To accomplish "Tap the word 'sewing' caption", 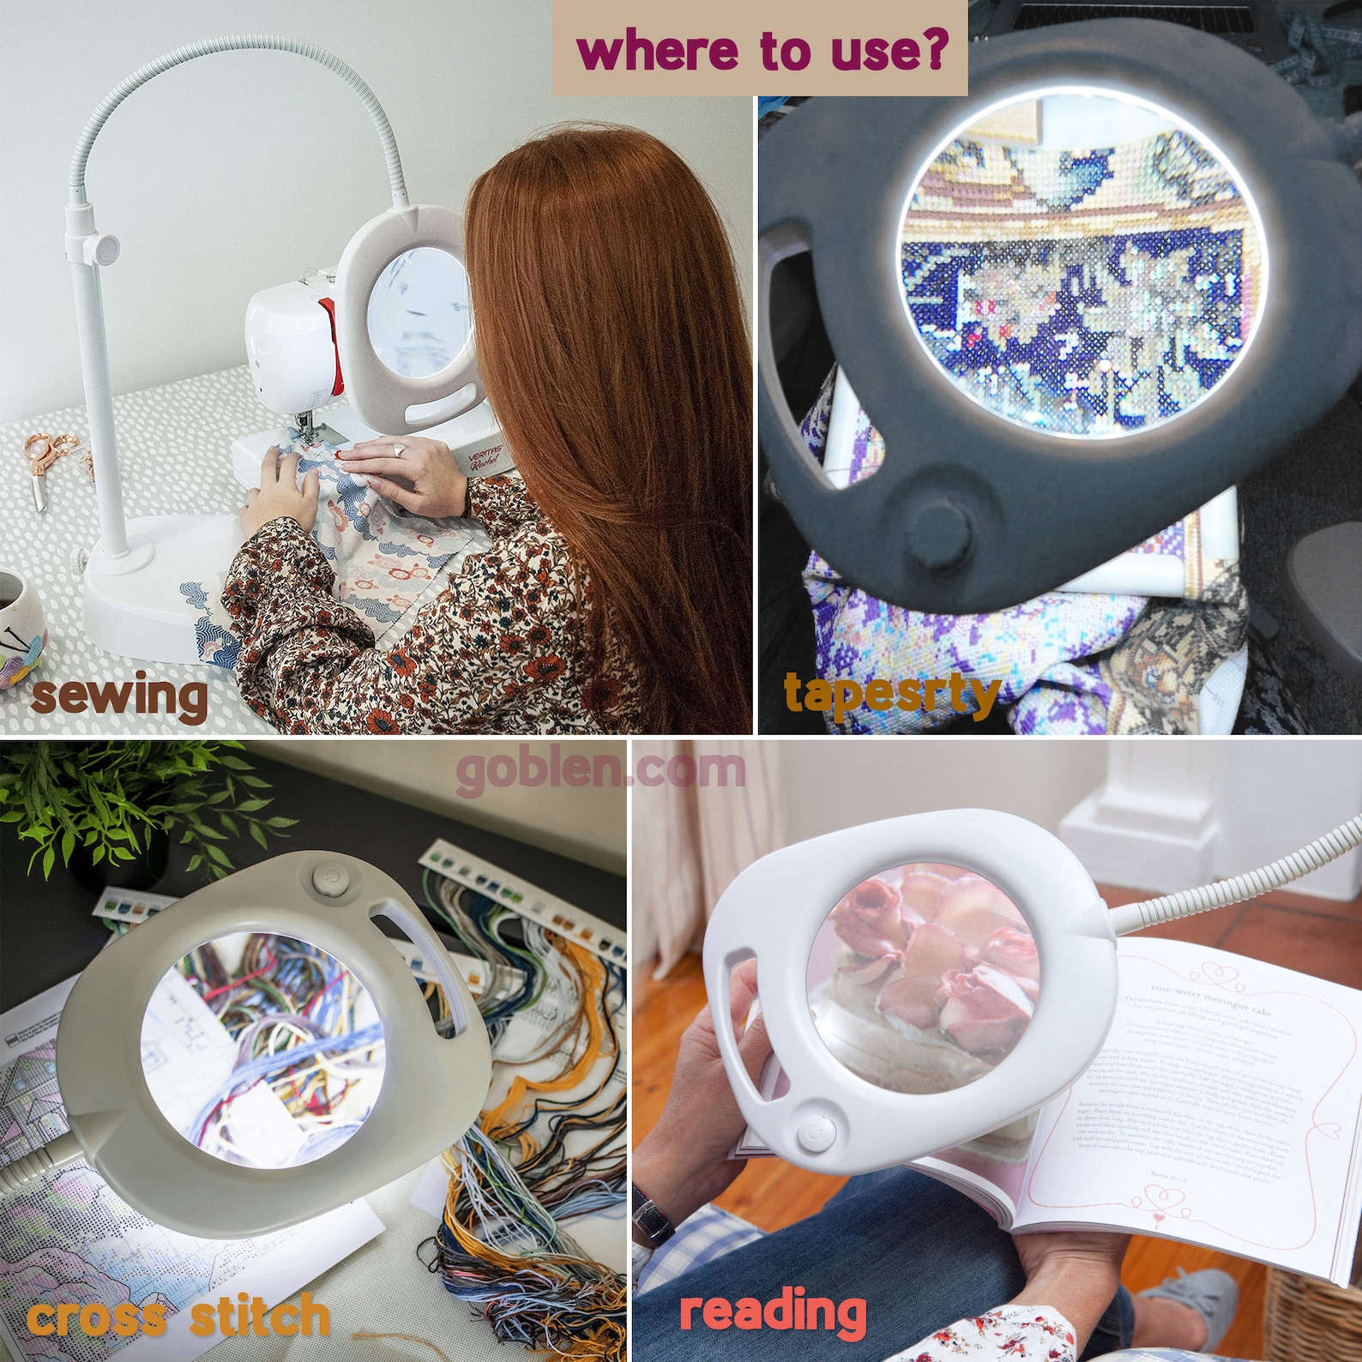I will tap(119, 696).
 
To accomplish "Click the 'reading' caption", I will tap(772, 1310).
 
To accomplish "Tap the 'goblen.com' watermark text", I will tap(600, 769).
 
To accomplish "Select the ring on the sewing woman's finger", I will tap(400, 449).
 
